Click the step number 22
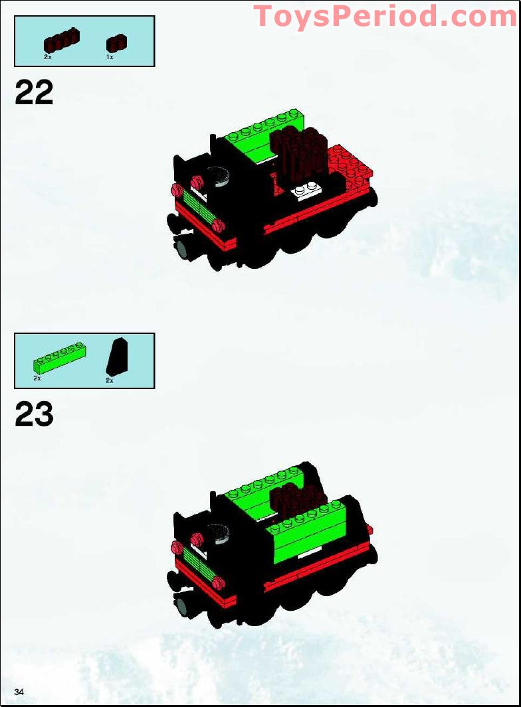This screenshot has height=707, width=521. coord(34,92)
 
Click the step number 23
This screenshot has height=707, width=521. coord(34,414)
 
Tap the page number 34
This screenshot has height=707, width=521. coord(19,692)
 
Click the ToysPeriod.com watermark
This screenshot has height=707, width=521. coord(385,16)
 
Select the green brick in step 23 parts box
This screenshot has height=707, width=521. coord(59,358)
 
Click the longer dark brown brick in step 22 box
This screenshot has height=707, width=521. coord(62,40)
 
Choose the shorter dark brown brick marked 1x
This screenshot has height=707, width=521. coord(116,43)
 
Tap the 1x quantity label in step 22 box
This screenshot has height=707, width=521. coord(110,57)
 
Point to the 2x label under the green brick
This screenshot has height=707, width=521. coord(37,378)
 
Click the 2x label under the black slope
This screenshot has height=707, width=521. coord(110,380)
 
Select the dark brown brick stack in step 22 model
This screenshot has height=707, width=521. coord(299,154)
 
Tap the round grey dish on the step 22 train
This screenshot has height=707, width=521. coord(219,177)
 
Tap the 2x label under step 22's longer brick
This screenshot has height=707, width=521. coord(48,57)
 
